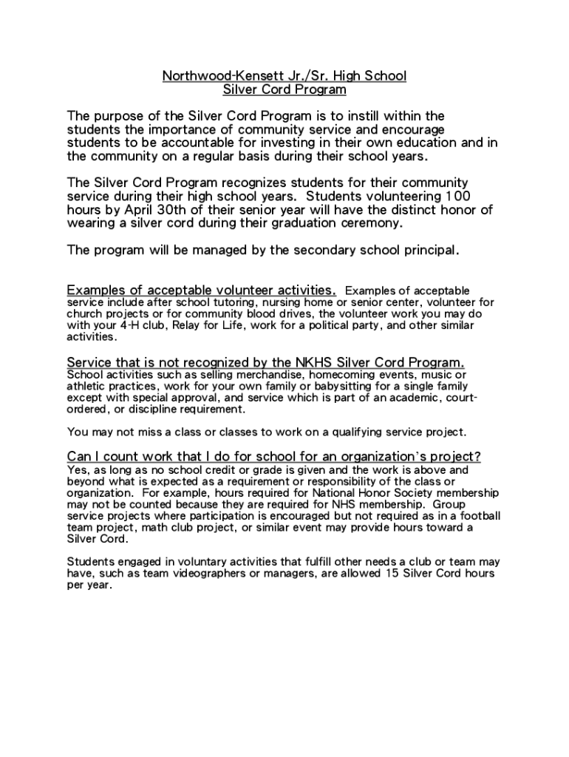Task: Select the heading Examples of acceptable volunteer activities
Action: click(202, 289)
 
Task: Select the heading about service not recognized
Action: click(266, 362)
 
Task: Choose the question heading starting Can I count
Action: click(274, 455)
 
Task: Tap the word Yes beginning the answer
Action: click(76, 469)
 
